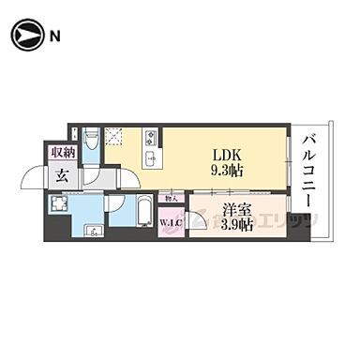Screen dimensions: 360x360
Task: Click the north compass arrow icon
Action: (25, 37)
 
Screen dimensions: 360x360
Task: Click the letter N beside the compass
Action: (55, 37)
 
